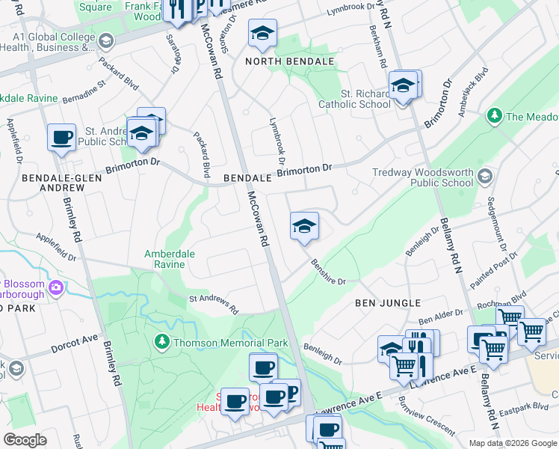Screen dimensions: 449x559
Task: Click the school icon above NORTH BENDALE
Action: pos(262,34)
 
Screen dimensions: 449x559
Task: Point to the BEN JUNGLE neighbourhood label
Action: pos(388,303)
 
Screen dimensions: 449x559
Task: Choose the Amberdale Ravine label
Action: pos(170,259)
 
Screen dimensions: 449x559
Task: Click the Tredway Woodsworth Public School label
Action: pos(423,177)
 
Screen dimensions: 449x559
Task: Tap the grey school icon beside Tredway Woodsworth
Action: pos(484,177)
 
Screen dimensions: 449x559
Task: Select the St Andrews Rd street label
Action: pos(213,304)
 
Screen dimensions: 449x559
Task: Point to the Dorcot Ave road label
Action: pos(75,344)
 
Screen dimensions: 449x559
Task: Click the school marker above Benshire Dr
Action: pos(304,227)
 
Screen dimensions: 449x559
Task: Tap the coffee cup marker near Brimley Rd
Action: pos(62,138)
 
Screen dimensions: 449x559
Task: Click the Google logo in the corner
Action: pos(25,440)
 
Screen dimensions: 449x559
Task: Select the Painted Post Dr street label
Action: pos(494,270)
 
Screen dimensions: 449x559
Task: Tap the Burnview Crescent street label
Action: pos(427,421)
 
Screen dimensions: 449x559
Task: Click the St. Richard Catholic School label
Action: pos(354,99)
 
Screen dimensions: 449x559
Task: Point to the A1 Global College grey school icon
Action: pos(106,40)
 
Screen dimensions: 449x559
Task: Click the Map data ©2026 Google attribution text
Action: pos(513,443)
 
